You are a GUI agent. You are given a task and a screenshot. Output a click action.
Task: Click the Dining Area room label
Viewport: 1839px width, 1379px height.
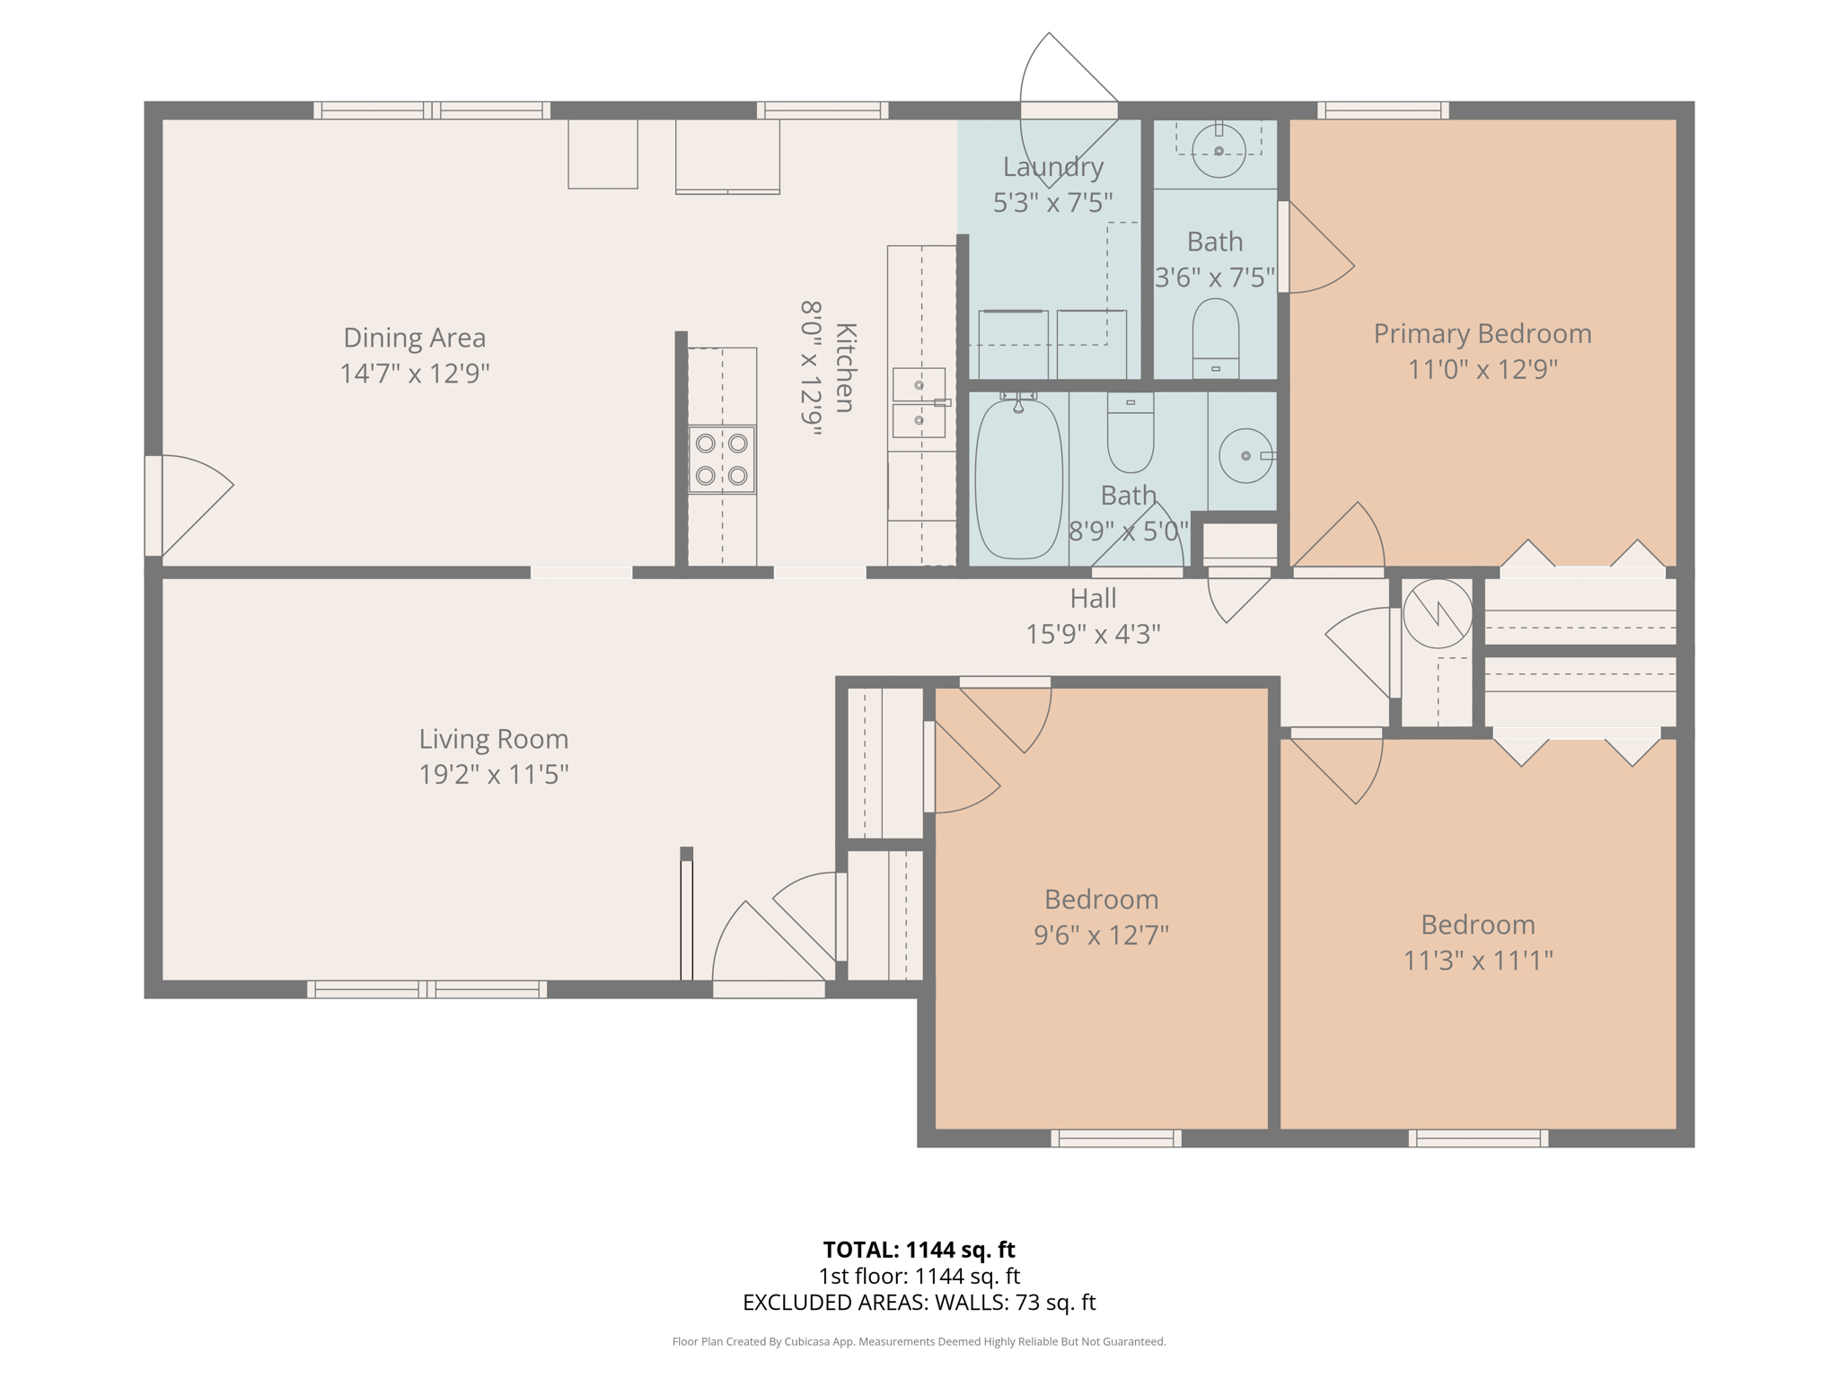point(414,338)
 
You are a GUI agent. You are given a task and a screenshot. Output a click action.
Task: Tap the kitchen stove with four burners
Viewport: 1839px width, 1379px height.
point(722,459)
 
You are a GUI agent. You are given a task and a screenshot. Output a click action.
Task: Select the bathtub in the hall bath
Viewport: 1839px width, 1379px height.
point(1018,479)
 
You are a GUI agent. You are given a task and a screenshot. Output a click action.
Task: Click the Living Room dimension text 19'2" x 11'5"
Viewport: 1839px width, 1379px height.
point(493,774)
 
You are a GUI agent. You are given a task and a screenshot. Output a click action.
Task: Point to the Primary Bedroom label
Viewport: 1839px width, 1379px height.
point(1482,334)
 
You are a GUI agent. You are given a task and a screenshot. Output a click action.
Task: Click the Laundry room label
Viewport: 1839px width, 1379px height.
point(1052,167)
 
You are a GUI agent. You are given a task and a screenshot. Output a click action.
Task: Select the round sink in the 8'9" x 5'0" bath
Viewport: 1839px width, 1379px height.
point(1245,456)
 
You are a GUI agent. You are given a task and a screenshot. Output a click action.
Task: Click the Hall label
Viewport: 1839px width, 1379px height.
point(1093,598)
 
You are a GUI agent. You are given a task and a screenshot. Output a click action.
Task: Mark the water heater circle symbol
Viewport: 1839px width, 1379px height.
point(1437,614)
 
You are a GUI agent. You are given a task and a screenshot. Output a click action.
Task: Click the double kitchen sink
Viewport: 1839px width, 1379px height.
point(919,402)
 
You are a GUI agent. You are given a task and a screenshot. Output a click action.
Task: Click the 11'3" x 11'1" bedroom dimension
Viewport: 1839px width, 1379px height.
point(1477,961)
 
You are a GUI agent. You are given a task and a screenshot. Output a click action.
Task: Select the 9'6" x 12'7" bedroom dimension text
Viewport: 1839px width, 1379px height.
point(1101,935)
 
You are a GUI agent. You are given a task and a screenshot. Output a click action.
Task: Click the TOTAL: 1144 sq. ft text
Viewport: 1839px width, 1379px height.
point(919,1249)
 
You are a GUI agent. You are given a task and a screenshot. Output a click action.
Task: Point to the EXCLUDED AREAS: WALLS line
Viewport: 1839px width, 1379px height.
point(919,1302)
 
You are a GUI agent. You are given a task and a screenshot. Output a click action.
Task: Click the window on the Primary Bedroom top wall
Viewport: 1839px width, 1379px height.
point(1382,110)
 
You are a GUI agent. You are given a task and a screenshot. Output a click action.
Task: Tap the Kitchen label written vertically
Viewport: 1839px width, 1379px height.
point(845,368)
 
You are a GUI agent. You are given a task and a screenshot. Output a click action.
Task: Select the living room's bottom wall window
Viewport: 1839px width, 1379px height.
point(427,989)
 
